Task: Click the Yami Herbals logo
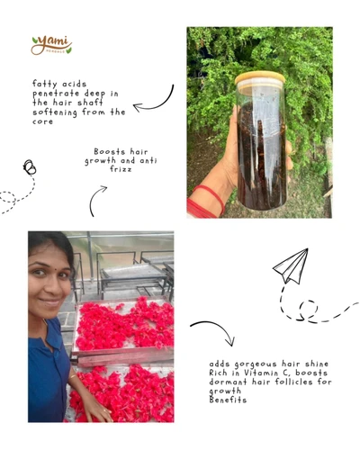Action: pyautogui.click(x=51, y=46)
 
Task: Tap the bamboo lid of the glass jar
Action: pyautogui.click(x=260, y=78)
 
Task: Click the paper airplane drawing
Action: pyautogui.click(x=292, y=265)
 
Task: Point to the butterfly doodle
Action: pyautogui.click(x=30, y=167)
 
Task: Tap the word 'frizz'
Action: pyautogui.click(x=121, y=169)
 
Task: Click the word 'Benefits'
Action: pyautogui.click(x=228, y=400)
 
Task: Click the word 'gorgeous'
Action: pyautogui.click(x=256, y=364)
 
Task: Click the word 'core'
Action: pyautogui.click(x=42, y=121)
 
